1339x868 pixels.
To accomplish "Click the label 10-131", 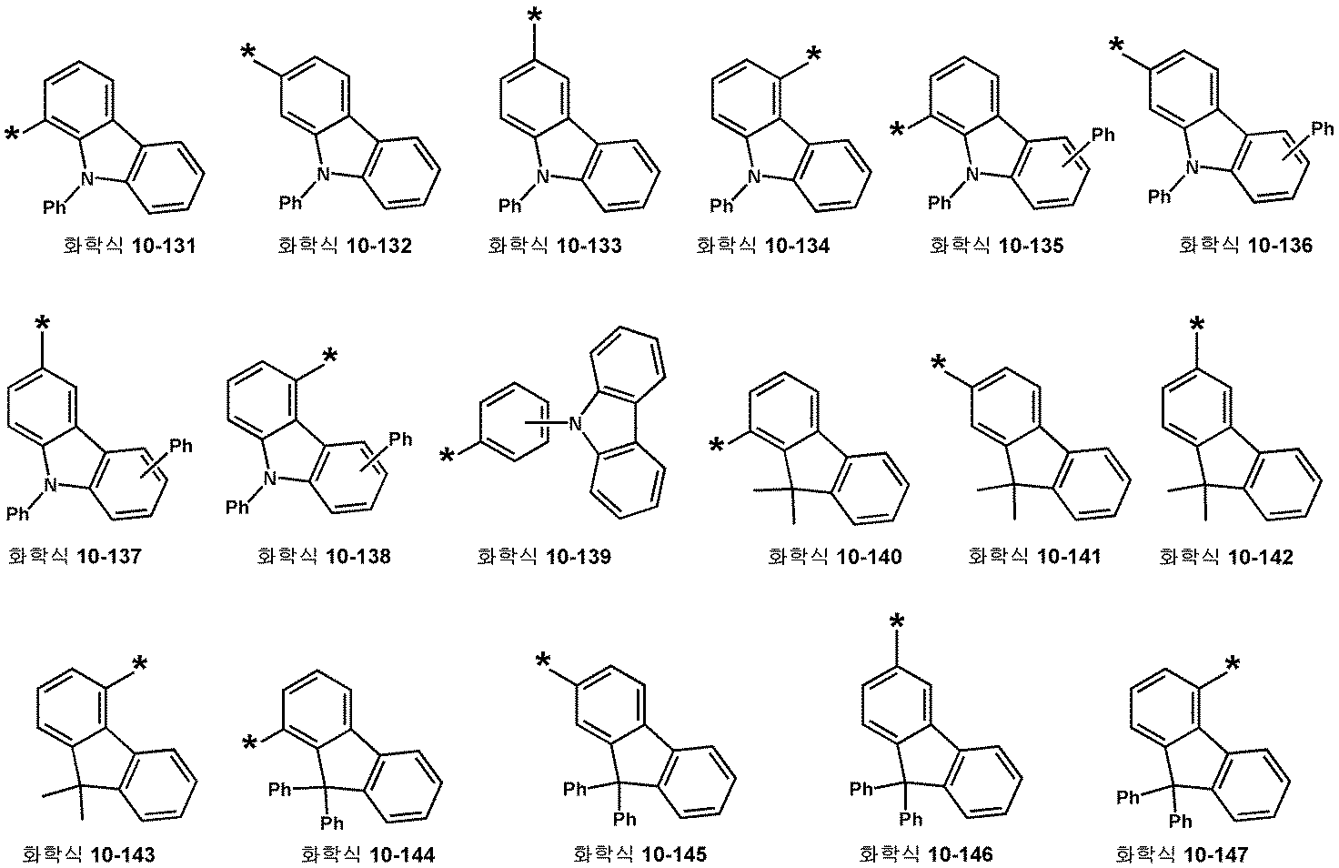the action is pos(128,246).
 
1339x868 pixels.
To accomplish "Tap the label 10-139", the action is pos(543,556).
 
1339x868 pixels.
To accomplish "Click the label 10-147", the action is pos(1182,854).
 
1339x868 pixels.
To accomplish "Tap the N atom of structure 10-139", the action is pos(574,422).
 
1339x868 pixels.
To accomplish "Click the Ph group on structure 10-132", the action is pos(291,202).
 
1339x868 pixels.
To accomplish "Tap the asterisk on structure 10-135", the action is pos(897,132).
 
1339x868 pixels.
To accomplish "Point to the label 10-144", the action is pos(367,854).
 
